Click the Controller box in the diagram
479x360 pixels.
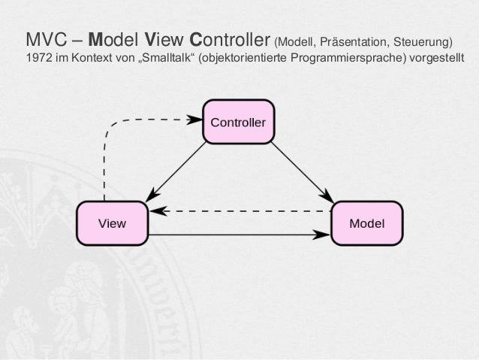click(x=238, y=120)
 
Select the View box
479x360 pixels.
click(x=113, y=223)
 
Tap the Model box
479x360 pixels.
click(x=367, y=223)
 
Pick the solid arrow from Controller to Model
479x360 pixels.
click(x=300, y=170)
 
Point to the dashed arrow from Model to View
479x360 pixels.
click(x=240, y=211)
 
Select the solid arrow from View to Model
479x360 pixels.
click(x=240, y=234)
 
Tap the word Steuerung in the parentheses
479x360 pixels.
click(x=423, y=40)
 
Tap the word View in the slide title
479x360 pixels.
click(x=163, y=38)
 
